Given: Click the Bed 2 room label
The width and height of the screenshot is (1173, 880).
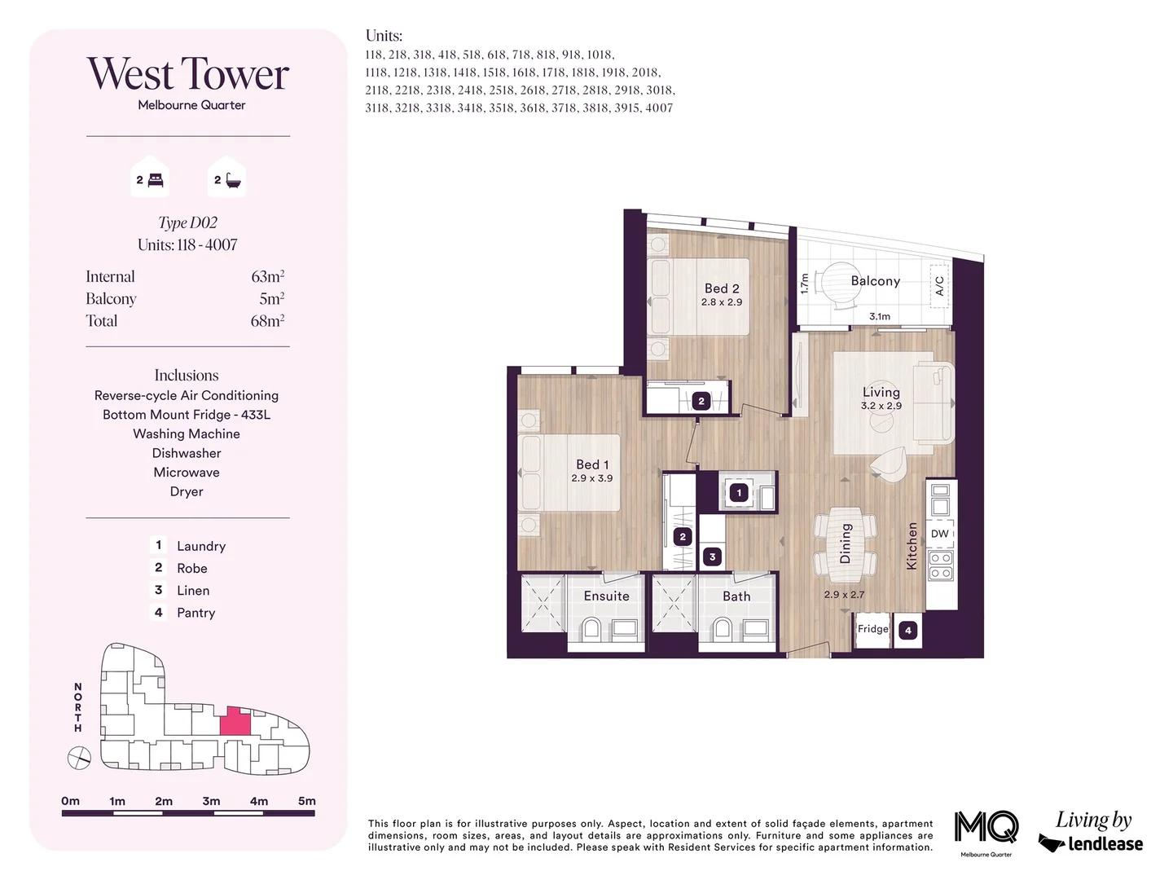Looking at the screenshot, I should click(722, 288).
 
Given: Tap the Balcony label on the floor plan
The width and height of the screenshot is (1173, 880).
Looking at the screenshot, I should click(875, 281).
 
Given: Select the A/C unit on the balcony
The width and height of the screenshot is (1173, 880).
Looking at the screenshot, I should click(939, 285).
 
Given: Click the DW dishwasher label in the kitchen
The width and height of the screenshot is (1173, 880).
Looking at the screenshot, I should click(940, 534).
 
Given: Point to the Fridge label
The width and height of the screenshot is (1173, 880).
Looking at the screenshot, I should click(872, 629).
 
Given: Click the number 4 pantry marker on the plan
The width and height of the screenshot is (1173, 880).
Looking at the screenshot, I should click(908, 630).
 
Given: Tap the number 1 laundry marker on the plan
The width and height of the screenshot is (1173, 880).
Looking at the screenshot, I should click(739, 492).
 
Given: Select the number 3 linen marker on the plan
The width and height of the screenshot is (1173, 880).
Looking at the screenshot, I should click(712, 557).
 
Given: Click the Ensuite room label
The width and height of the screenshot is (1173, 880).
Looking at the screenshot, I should click(606, 596).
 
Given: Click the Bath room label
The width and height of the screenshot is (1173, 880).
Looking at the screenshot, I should click(736, 596).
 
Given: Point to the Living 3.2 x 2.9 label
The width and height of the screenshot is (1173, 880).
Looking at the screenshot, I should click(881, 398).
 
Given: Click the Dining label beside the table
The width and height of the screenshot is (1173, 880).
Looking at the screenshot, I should click(846, 543).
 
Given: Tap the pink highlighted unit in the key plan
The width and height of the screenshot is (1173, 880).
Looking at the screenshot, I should click(235, 722).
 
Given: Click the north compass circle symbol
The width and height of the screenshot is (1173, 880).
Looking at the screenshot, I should click(79, 759).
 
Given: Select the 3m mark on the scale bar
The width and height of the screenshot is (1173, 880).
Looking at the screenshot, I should click(211, 801).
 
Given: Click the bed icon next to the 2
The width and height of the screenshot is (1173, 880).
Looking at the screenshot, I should click(156, 180).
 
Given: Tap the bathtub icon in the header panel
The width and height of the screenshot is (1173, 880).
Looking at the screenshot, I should click(233, 180).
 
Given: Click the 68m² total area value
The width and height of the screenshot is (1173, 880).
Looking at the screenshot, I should click(267, 321).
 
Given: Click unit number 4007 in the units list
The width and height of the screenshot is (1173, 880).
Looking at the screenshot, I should click(659, 108).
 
